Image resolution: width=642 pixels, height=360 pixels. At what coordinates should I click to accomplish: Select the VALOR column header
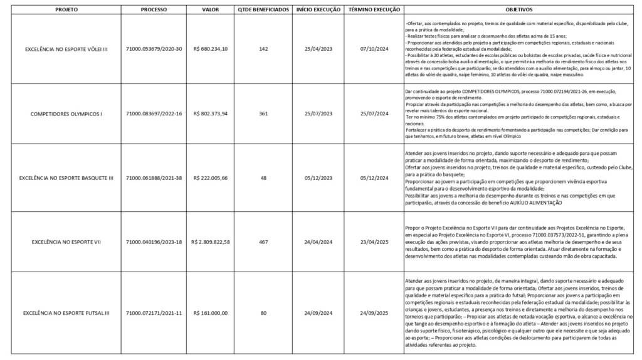point(211,11)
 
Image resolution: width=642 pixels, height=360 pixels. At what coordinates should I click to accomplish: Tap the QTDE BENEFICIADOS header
point(263,11)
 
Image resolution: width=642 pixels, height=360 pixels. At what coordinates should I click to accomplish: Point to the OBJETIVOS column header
point(518,11)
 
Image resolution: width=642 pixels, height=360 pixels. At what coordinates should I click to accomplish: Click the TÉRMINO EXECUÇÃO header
point(372,11)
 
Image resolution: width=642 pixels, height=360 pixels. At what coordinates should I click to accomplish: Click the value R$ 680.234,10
point(211,48)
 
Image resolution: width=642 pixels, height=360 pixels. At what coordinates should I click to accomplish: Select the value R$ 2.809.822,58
point(211,241)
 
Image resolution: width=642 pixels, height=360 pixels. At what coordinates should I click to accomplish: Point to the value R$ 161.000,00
point(211,312)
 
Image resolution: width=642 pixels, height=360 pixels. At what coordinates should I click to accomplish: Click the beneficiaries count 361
point(263,114)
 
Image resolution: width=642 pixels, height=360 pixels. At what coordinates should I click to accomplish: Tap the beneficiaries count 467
point(263,241)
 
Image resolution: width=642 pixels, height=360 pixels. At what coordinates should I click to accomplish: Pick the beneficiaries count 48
point(263,178)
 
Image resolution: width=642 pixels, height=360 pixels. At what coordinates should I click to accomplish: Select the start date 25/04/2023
point(318,48)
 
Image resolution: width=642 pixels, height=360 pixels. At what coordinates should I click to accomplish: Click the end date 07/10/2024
point(372,48)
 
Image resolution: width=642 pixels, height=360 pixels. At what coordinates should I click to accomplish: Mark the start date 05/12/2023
point(318,178)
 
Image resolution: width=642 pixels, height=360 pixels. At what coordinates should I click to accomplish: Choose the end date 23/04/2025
point(372,241)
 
